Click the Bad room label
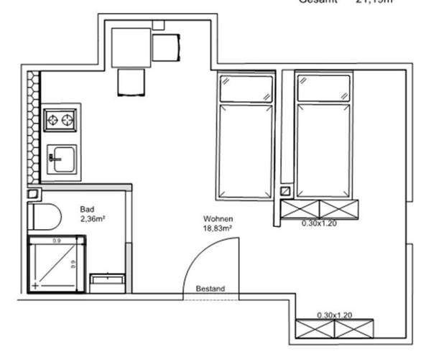tap(87, 210)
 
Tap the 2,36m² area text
tap(93, 218)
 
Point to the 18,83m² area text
tap(218, 229)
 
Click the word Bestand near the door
tap(210, 289)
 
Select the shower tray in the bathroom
tap(56, 264)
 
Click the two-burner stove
tap(60, 119)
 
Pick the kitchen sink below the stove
tap(62, 157)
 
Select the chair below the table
tap(132, 81)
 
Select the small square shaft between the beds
tap(285, 192)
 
